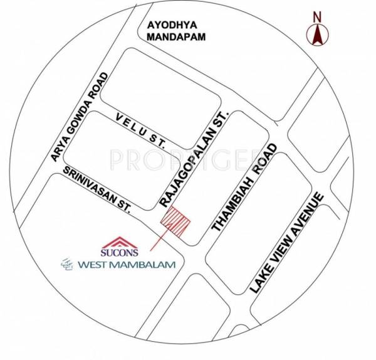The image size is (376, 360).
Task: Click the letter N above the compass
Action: [x=317, y=16]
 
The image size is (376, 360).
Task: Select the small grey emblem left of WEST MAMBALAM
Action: [x=65, y=265]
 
